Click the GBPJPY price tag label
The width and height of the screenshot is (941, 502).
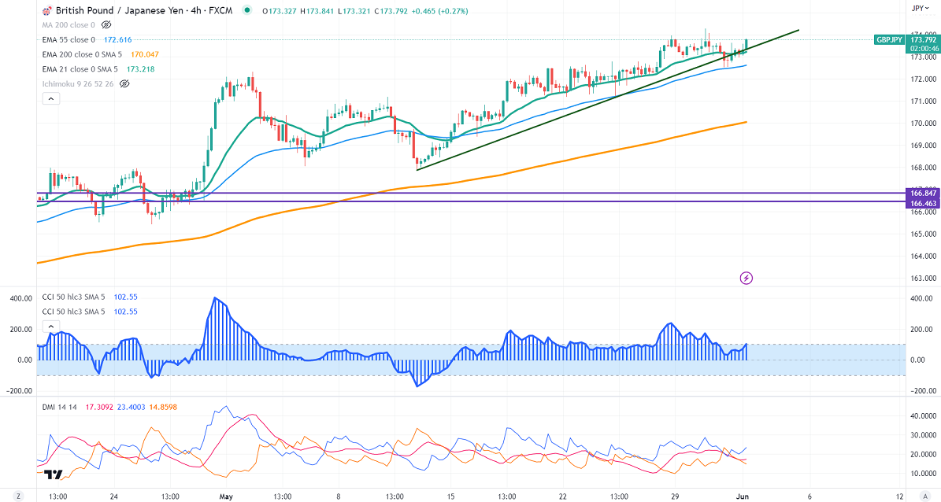[x=890, y=39]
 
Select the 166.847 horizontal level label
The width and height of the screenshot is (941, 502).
[x=922, y=193]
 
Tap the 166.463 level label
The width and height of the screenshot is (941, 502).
[x=922, y=203]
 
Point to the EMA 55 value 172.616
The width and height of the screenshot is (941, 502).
[x=120, y=39]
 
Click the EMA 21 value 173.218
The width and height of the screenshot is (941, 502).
[x=142, y=69]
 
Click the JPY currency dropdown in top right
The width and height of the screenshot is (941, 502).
[x=920, y=8]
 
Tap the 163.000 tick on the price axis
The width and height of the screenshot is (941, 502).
[x=922, y=279]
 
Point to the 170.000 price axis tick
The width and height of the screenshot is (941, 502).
[x=922, y=124]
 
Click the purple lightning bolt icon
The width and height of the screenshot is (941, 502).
[x=747, y=278]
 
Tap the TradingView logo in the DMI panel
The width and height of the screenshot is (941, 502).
[x=54, y=474]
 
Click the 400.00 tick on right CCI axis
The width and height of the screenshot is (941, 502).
[x=922, y=298]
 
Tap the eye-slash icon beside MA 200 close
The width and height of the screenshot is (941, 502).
[x=106, y=25]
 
